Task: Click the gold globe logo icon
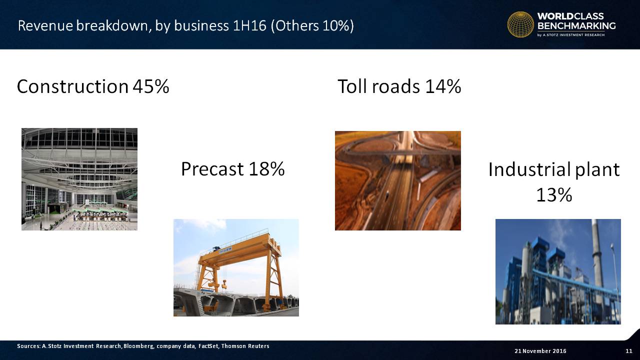pos(520,24)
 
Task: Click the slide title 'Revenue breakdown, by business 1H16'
pos(142,25)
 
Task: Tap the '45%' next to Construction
pos(151,86)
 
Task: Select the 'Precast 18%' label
pos(233,169)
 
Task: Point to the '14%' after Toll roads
pos(443,86)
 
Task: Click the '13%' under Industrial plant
pos(554,195)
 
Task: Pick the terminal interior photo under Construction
pos(79,179)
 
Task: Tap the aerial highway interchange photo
pos(397,180)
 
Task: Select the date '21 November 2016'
pos(540,351)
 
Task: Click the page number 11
pos(629,351)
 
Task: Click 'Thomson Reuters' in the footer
pos(245,346)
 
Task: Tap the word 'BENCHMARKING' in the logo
pos(576,25)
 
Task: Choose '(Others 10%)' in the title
pos(312,25)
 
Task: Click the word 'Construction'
pos(72,86)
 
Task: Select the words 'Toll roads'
pos(379,86)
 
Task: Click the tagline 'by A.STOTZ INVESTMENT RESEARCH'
pos(571,35)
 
